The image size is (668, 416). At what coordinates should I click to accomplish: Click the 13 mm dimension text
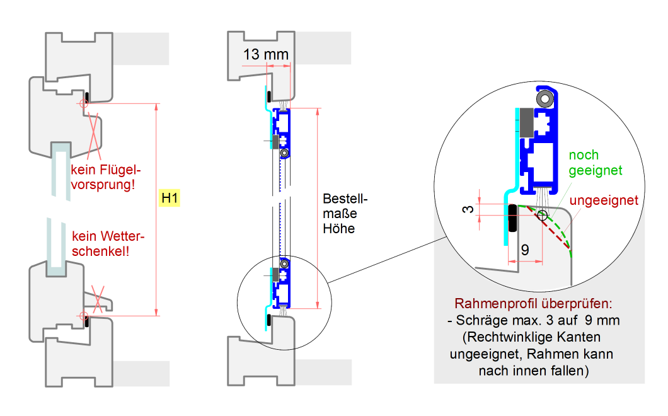(265, 55)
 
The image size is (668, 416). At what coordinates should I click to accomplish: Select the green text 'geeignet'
(596, 170)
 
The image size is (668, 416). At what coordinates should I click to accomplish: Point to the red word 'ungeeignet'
(604, 200)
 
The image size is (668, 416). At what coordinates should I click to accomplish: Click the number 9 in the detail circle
(524, 251)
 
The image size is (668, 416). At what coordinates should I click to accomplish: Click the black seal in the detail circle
(512, 217)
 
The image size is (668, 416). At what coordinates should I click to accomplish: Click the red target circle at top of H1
(83, 103)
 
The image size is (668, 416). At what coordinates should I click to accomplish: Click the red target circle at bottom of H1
(83, 315)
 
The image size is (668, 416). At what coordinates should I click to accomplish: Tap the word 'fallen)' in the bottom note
(569, 371)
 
